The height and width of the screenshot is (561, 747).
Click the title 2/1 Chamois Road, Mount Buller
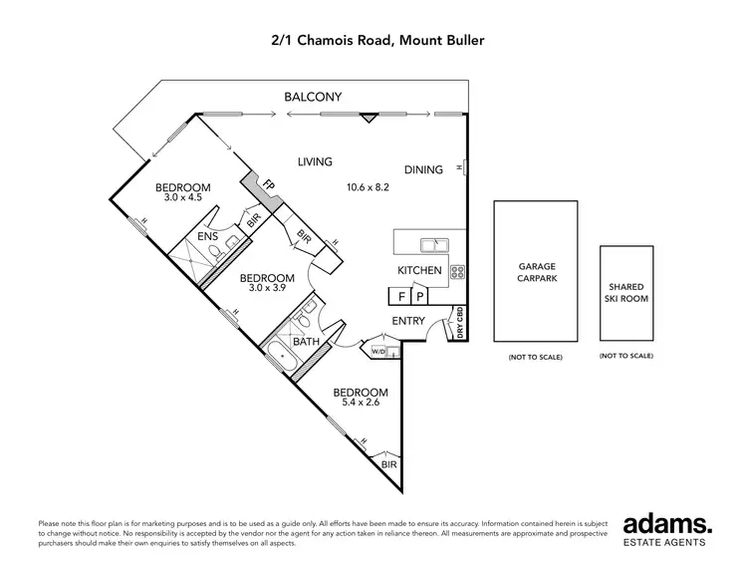pos(373,41)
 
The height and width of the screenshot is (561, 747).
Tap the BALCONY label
pos(313,97)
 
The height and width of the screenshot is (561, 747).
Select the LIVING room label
pos(315,161)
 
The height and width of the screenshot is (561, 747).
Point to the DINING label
pos(423,169)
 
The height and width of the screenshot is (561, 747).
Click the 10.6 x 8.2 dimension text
pos(368,186)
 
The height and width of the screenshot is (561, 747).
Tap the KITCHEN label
pos(419,270)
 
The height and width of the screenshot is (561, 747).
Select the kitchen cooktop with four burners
pos(458,270)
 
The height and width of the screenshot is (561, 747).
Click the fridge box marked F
pos(400,296)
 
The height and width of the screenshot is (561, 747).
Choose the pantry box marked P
pos(420,296)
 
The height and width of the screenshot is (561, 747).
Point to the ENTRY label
pos(408,321)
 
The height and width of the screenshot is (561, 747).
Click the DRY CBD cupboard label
pos(460,323)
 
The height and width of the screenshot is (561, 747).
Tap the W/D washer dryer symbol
pos(377,351)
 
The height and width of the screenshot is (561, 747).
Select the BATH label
pos(305,342)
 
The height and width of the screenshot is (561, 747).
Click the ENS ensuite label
pos(207,236)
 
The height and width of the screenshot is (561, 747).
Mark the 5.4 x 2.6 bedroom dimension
pos(360,405)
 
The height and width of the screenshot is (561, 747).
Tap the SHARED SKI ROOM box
pos(625,293)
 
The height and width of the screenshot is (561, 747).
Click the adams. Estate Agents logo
pos(667,529)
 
